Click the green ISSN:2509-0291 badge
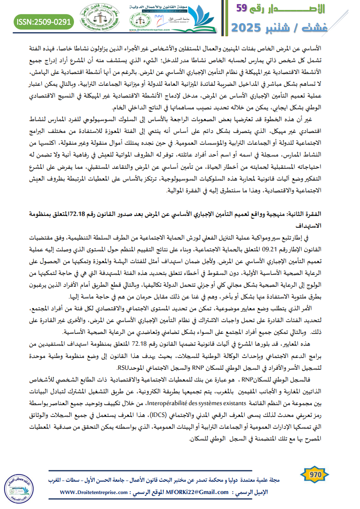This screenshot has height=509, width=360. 44,22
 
